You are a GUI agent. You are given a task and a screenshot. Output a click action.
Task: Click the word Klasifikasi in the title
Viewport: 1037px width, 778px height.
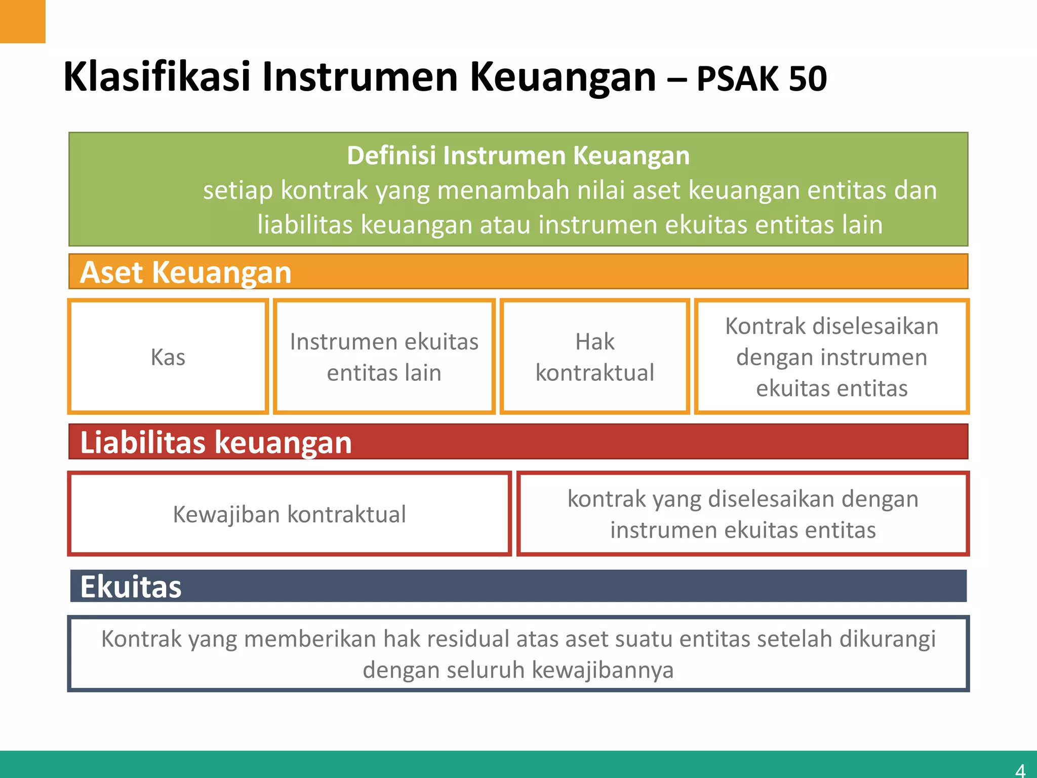[157, 77]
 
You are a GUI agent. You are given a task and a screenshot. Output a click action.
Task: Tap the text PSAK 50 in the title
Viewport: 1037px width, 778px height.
[762, 79]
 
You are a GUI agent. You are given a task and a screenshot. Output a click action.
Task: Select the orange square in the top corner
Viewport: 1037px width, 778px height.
[22, 21]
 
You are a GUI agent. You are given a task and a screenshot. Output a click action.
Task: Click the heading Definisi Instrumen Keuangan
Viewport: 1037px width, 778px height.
[518, 155]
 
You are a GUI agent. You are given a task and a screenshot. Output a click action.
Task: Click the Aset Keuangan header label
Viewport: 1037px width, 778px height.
[186, 272]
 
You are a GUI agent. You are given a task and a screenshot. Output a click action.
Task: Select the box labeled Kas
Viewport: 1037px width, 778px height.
[168, 357]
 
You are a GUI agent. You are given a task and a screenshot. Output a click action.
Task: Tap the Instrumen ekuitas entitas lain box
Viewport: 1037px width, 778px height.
[384, 357]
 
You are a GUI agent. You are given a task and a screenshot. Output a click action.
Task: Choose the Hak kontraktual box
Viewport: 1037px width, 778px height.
[595, 357]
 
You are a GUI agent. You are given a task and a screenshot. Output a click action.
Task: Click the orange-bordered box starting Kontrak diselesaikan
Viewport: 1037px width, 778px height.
[831, 357]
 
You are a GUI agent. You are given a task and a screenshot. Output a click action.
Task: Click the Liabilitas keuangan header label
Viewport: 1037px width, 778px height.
[216, 442]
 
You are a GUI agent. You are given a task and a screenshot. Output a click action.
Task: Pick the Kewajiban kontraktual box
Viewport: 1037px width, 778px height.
[289, 514]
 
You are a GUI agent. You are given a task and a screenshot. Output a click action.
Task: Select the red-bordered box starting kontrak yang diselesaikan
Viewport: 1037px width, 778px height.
[743, 514]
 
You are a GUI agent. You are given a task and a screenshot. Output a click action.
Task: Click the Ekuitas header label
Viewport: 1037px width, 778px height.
[131, 587]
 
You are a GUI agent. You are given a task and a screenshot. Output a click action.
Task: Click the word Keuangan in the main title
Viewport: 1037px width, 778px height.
[563, 77]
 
